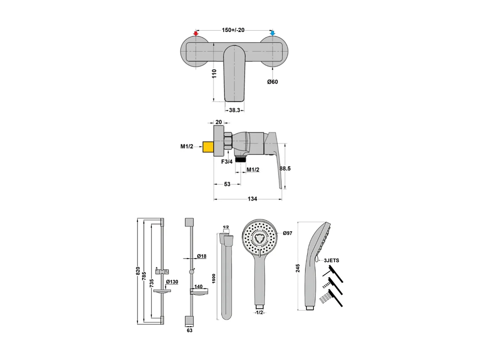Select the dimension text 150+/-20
[233, 30]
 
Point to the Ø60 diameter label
[273, 82]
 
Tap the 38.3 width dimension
[235, 110]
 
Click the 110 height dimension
[214, 75]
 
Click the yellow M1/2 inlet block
[208, 147]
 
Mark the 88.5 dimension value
[286, 168]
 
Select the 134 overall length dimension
[252, 199]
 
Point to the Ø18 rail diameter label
[202, 256]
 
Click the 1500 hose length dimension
[214, 278]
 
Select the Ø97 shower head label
[288, 233]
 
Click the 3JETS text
[331, 261]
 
